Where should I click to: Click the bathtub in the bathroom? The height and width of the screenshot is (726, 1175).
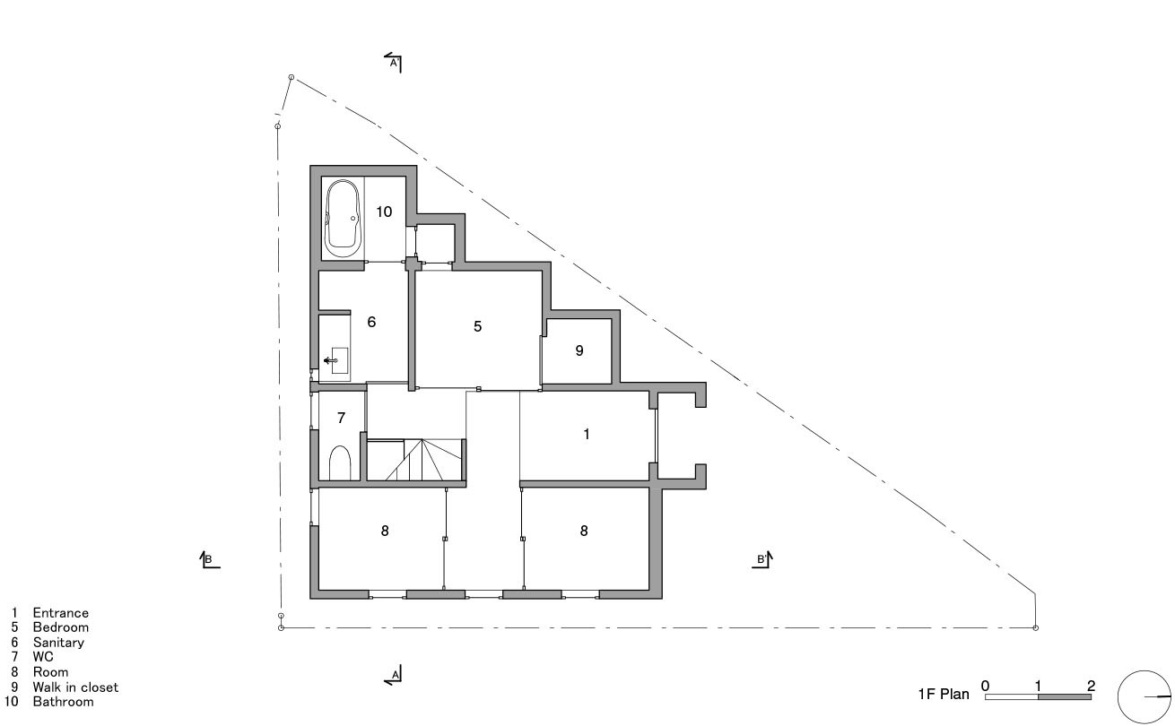(x=343, y=218)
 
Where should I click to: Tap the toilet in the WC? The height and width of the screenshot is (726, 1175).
(x=340, y=463)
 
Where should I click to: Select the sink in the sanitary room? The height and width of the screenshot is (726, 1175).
(x=335, y=360)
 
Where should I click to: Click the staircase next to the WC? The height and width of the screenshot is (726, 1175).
(x=415, y=460)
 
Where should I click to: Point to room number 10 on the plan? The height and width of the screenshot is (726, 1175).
(x=384, y=212)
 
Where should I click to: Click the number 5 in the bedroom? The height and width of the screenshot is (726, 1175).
(x=478, y=326)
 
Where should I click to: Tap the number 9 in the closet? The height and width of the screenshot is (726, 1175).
(x=579, y=350)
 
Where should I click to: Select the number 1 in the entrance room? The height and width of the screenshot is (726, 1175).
(x=587, y=434)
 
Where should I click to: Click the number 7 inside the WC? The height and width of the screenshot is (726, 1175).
(x=341, y=418)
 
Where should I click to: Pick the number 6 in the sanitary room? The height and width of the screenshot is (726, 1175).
(x=370, y=321)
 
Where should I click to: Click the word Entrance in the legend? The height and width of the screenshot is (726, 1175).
(x=61, y=613)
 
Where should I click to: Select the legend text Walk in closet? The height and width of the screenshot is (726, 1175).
(x=75, y=687)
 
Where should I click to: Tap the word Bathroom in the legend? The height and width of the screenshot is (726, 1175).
(x=63, y=702)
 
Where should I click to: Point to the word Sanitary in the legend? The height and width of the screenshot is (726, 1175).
(x=58, y=643)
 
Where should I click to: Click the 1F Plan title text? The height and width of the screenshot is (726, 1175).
(x=943, y=693)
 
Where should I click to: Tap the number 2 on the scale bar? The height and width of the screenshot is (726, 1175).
(x=1091, y=686)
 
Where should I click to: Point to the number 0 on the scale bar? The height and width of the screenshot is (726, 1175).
(x=986, y=686)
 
